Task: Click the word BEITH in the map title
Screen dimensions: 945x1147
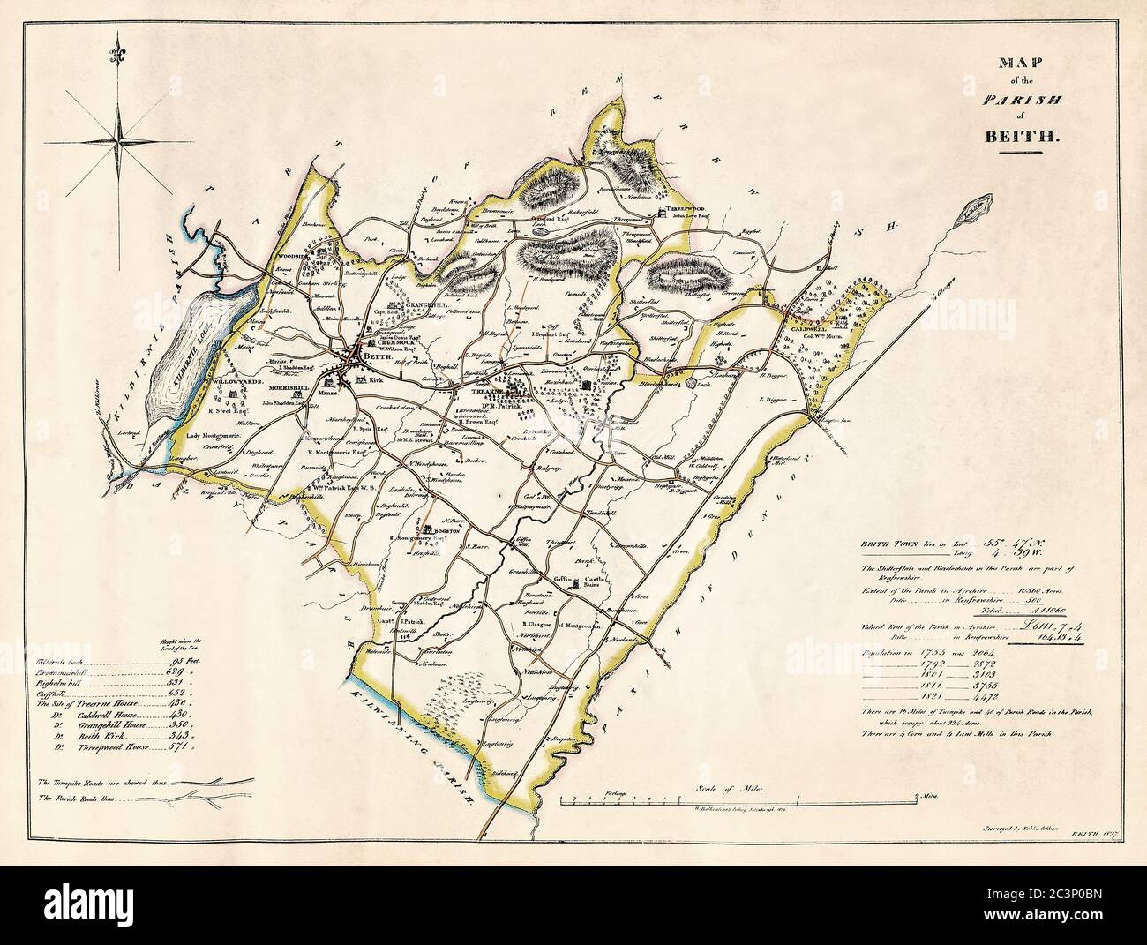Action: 1020,137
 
